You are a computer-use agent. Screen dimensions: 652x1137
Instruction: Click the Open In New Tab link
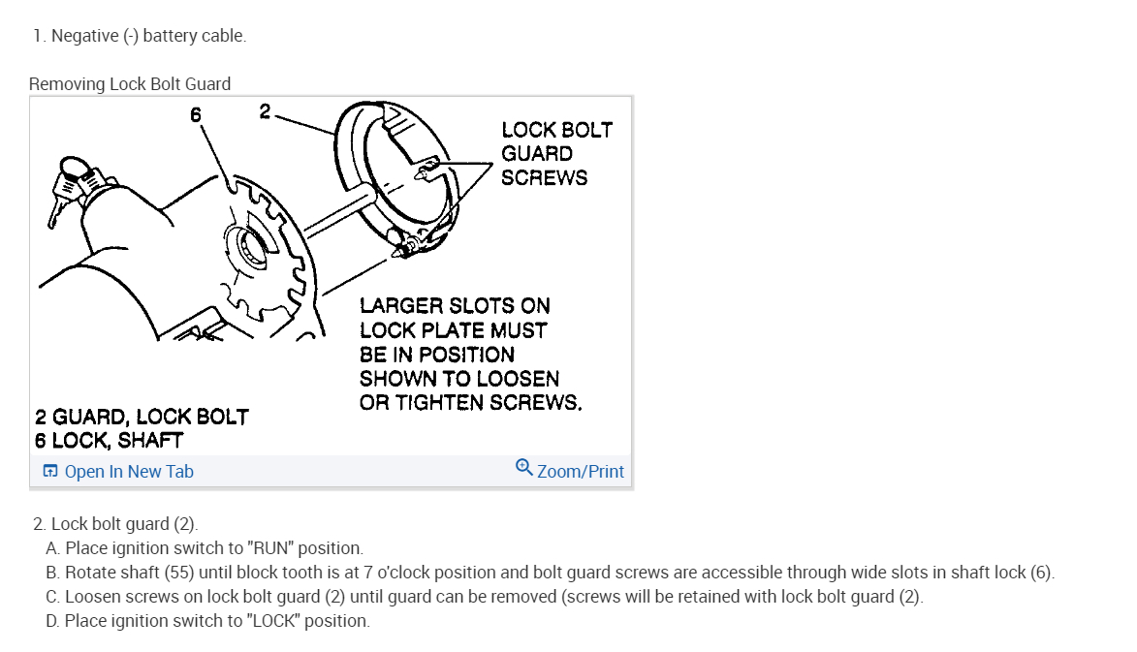click(x=128, y=472)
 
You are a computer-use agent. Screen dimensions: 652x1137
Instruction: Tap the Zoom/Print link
click(x=580, y=472)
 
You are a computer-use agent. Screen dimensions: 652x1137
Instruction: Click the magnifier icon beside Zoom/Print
click(x=523, y=468)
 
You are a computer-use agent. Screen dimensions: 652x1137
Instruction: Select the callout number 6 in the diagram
click(x=196, y=114)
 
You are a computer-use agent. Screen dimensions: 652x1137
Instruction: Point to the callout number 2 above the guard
click(x=265, y=111)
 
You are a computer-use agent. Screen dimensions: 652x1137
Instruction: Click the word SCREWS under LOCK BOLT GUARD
click(x=544, y=178)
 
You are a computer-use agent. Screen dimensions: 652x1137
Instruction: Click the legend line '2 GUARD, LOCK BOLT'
click(x=142, y=418)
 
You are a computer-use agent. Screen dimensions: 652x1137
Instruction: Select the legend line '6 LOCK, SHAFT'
click(x=109, y=441)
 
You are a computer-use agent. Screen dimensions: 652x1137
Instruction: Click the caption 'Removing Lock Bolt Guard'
click(x=130, y=84)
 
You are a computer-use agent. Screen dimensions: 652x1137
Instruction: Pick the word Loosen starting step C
click(x=93, y=597)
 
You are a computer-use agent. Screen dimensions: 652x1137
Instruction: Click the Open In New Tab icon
click(x=50, y=472)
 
